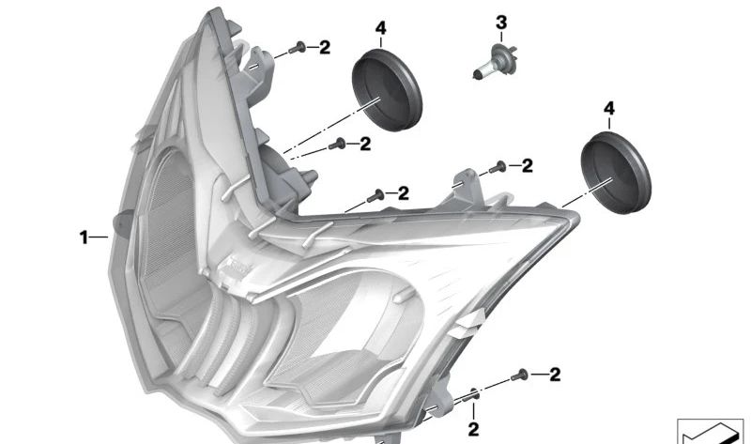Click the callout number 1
[x=84, y=237]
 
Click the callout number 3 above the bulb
[x=501, y=23]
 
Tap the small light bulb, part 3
[x=494, y=62]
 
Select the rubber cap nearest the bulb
[x=387, y=89]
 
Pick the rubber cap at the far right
[x=616, y=174]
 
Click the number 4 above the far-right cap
[x=608, y=109]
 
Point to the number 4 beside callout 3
[x=380, y=28]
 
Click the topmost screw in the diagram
[x=298, y=48]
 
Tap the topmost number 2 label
[x=325, y=48]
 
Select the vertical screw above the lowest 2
[x=474, y=394]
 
